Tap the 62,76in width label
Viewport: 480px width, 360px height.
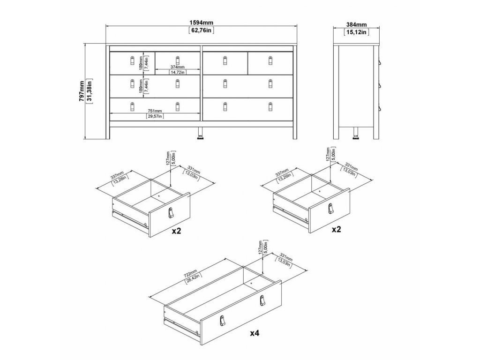click(201, 31)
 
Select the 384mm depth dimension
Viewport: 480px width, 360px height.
click(357, 24)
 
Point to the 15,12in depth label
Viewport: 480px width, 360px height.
click(357, 32)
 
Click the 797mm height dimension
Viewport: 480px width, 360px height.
click(82, 91)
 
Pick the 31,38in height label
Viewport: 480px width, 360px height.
click(90, 91)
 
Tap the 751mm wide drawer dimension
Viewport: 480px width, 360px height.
click(155, 111)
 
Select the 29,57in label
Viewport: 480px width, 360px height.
click(155, 116)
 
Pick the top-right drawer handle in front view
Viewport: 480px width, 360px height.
click(270, 60)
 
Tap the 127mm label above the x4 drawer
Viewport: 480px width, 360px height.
click(260, 249)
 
